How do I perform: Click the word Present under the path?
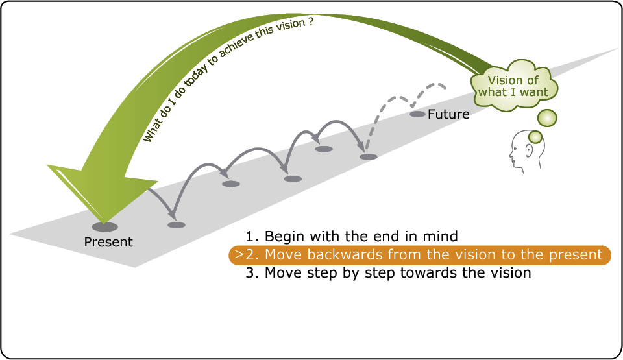click(108, 241)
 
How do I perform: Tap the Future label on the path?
click(448, 114)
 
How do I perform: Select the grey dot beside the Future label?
click(417, 114)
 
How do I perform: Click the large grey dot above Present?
click(105, 227)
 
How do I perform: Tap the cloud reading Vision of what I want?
click(514, 86)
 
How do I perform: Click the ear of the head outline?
click(530, 150)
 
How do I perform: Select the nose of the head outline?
click(511, 153)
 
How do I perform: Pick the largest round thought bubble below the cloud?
click(547, 118)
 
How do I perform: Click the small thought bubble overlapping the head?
click(535, 137)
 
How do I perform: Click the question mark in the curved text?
click(310, 21)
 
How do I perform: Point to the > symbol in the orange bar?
click(238, 254)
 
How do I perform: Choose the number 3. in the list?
click(252, 273)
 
